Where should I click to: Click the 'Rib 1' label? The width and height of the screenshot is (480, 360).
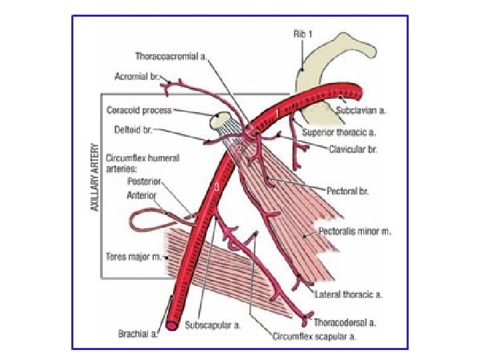click(302, 33)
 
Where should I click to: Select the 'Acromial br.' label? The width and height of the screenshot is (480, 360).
click(136, 76)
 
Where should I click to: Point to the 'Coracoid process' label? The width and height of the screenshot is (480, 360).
click(139, 109)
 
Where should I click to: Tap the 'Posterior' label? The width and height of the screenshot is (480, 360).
click(145, 181)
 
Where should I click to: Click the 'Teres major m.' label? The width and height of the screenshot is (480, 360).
click(133, 256)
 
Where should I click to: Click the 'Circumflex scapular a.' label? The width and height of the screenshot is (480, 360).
click(314, 337)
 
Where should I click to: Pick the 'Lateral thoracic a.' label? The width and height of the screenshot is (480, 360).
click(348, 294)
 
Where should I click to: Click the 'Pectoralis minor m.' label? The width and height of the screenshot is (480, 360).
click(355, 232)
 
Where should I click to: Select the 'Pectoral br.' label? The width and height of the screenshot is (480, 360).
click(347, 191)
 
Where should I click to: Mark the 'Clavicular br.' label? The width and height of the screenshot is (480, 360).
click(353, 149)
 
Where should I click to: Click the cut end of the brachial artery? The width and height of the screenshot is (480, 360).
click(172, 326)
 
